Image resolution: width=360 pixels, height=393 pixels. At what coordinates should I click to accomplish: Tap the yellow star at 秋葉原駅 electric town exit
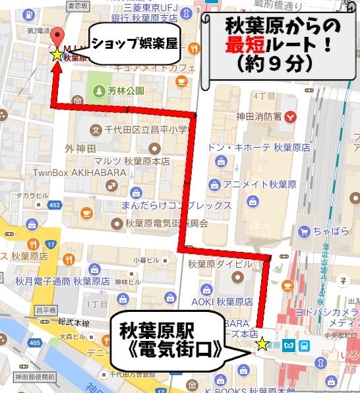(x=262, y=344)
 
